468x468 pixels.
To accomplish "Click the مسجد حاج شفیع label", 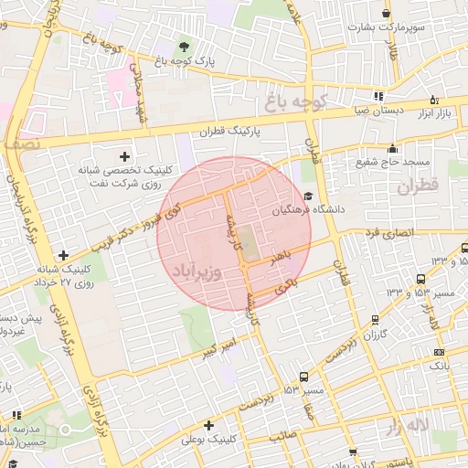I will click(x=393, y=163).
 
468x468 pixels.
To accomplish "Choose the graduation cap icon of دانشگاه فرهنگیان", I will click(x=308, y=196).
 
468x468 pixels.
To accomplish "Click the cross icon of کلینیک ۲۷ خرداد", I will click(x=62, y=255).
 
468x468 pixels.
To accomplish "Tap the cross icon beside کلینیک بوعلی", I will click(x=209, y=425).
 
